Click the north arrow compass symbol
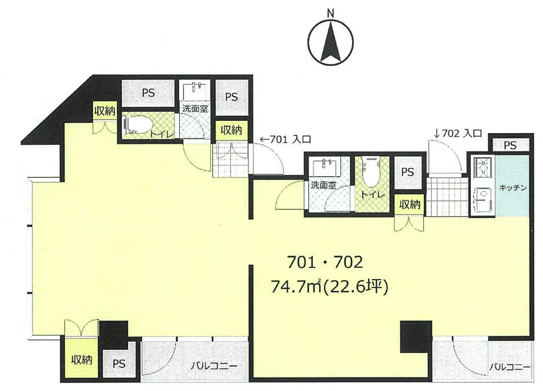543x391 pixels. [331, 43]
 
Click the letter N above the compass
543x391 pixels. [331, 13]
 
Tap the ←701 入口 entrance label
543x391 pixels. [285, 139]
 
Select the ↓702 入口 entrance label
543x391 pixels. [457, 134]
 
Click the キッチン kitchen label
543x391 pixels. [513, 188]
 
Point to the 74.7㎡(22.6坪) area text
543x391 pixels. [329, 287]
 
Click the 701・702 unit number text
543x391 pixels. [325, 262]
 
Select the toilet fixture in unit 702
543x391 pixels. [372, 171]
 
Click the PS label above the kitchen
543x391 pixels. [510, 145]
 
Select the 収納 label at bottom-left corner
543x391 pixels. [82, 360]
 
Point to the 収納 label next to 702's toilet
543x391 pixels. [410, 205]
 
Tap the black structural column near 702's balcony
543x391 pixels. [416, 337]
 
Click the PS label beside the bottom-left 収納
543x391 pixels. [119, 364]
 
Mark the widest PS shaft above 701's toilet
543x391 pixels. [148, 93]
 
